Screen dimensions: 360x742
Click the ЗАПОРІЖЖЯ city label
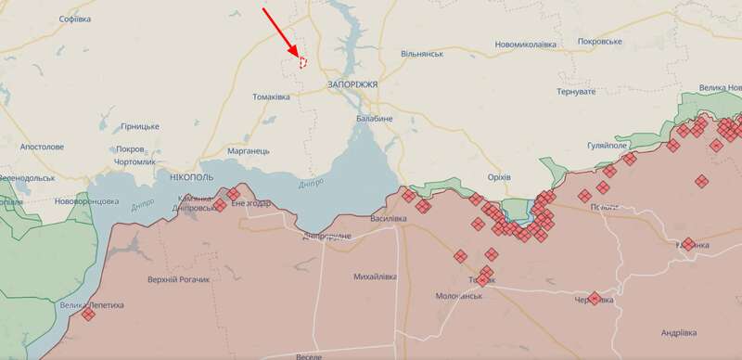[352, 84]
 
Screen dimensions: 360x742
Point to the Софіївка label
[74, 19]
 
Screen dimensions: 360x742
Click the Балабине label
[375, 119]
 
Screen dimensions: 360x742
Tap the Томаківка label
[275, 96]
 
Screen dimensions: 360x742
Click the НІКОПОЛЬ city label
[192, 176]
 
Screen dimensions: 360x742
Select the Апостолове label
[43, 147]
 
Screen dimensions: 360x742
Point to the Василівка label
[388, 218]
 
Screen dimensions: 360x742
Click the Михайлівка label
[376, 276]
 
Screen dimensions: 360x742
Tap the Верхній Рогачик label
[178, 280]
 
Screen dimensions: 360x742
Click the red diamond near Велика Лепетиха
[88, 315]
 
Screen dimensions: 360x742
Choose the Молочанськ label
[460, 296]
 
